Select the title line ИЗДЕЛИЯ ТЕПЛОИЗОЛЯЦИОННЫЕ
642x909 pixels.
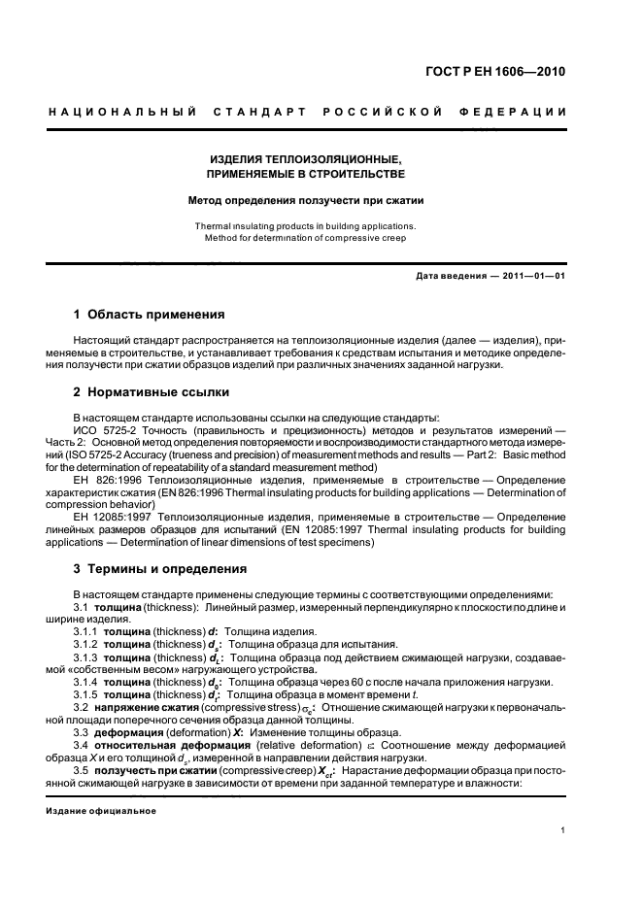coord(307,158)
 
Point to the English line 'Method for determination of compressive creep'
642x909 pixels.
coord(307,238)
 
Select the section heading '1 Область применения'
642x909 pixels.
coord(150,315)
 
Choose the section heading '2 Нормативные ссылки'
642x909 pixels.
coord(152,392)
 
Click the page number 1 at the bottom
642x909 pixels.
coord(562,830)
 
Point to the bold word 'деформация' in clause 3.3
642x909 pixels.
coord(125,732)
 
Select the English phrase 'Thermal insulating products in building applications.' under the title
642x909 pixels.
coord(307,225)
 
